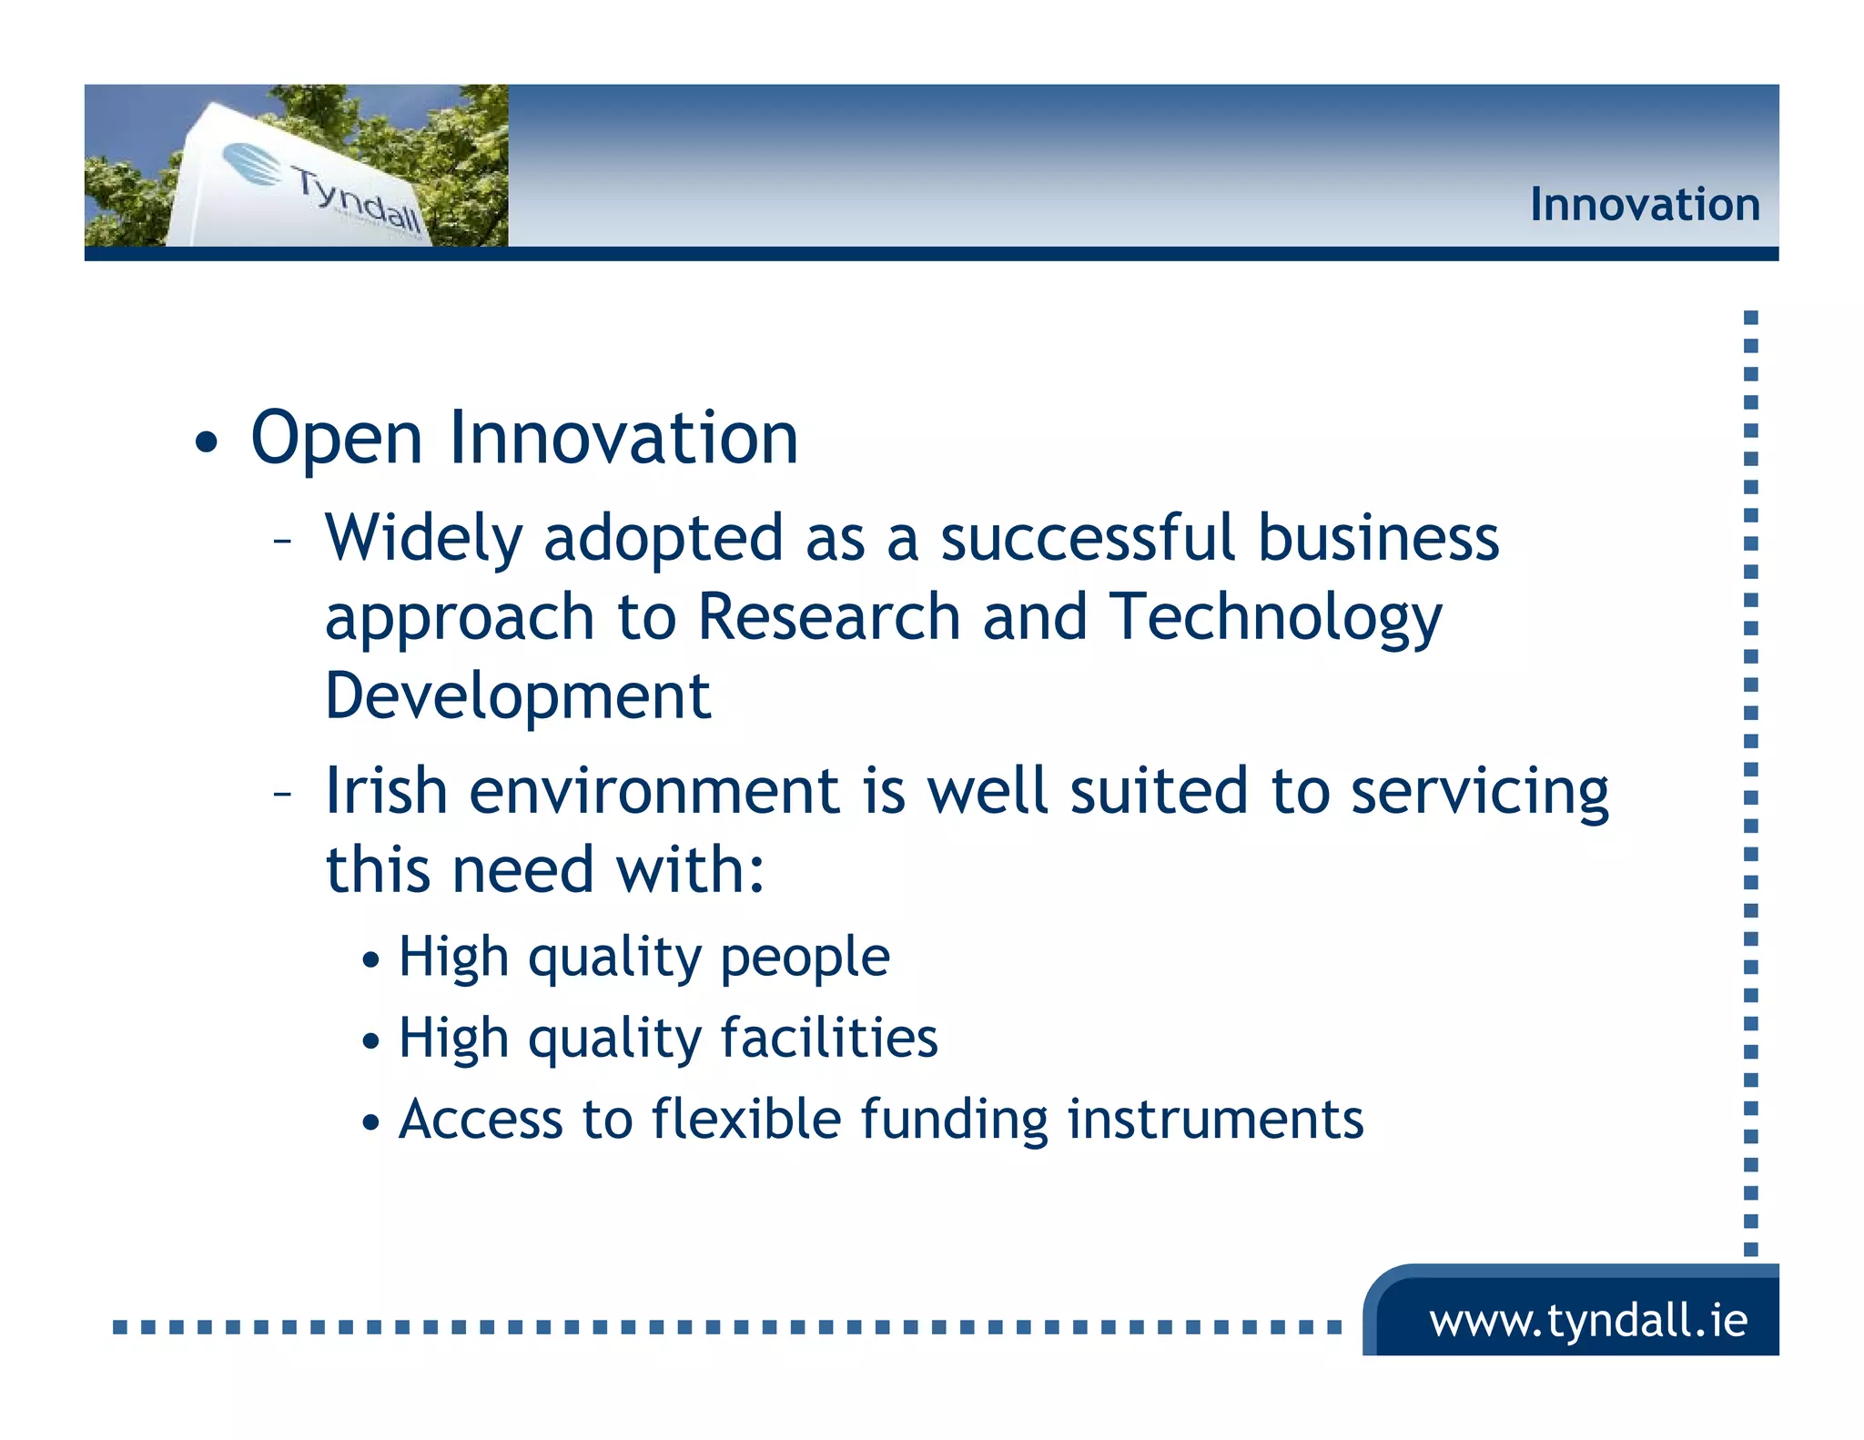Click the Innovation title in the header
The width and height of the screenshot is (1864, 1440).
click(1644, 205)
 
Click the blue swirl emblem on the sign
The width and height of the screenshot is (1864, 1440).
click(253, 165)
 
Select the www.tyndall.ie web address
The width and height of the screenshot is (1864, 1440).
click(1587, 1320)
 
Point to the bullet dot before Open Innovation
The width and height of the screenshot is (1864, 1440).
click(207, 443)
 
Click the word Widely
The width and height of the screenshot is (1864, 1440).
click(423, 539)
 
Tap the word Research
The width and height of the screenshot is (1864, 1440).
click(828, 617)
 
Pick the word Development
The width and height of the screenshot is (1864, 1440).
click(517, 697)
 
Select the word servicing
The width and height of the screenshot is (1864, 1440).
click(1479, 792)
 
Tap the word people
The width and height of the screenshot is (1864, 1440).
click(805, 958)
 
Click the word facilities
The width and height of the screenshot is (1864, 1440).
click(828, 1038)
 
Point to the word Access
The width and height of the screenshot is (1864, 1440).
click(480, 1119)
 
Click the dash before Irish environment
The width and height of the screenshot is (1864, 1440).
click(282, 794)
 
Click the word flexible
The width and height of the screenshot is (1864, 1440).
click(746, 1119)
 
